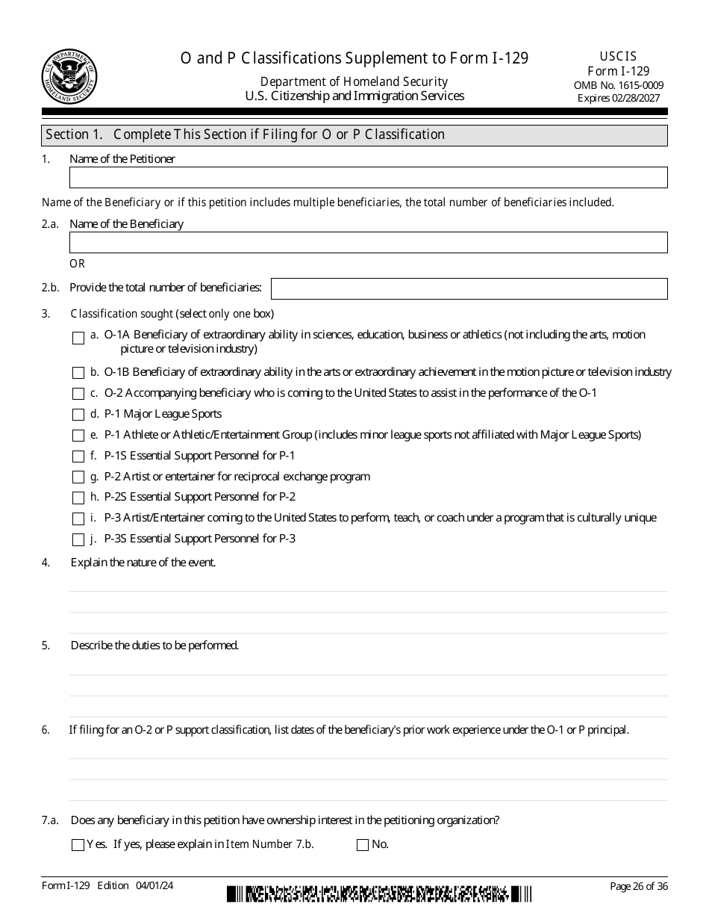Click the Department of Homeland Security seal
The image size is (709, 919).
click(69, 75)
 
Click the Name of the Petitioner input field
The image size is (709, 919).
click(368, 177)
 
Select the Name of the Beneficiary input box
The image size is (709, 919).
click(368, 242)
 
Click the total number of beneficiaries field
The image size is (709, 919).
click(469, 288)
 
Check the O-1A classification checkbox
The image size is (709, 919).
click(78, 338)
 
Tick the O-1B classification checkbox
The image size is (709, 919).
click(78, 373)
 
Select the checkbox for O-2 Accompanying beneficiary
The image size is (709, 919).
click(78, 394)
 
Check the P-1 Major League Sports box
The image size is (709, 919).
click(78, 415)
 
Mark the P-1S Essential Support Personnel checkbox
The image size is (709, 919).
click(78, 457)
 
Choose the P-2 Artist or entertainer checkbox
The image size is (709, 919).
click(78, 477)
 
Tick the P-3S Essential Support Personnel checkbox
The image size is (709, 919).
click(78, 539)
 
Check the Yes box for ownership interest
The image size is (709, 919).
click(78, 845)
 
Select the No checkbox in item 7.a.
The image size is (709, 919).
click(363, 845)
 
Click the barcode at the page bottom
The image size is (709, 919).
click(379, 894)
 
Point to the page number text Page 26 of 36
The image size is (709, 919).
click(637, 886)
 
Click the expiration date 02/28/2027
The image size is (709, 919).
click(634, 98)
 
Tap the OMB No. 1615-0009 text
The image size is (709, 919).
click(618, 85)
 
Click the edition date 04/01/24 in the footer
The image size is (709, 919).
click(154, 885)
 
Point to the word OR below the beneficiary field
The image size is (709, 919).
click(78, 264)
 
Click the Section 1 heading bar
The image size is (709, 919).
click(354, 134)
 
